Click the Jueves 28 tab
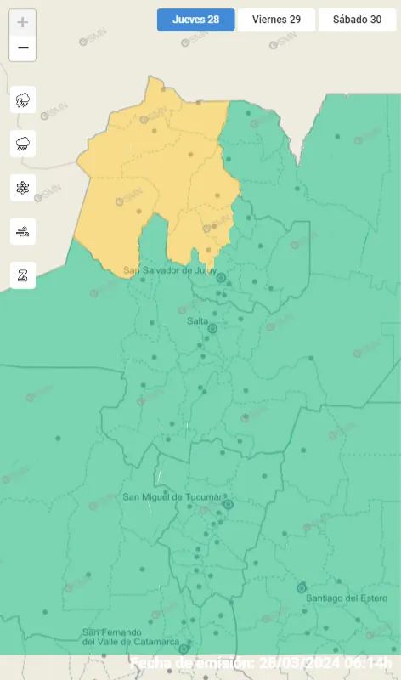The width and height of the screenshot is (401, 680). coord(195,20)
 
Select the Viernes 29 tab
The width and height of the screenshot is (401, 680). coord(276,20)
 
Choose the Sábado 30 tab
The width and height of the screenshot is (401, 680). coord(357,20)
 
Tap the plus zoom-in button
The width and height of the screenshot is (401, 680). coord(23,22)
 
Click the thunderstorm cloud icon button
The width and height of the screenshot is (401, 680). coord(23,100)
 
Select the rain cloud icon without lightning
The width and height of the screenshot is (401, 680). coord(23,144)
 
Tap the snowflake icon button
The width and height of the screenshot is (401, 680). coord(23,188)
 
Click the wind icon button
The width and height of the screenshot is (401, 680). coord(23,231)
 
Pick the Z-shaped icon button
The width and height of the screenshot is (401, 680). coord(23,275)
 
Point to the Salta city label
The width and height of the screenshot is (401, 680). coord(197,320)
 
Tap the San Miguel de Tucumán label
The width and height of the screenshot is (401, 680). coord(173,497)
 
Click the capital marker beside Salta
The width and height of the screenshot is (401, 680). coord(213,328)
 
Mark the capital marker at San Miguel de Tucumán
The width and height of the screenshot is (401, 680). coord(228,504)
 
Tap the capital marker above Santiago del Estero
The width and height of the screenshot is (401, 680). coord(301,587)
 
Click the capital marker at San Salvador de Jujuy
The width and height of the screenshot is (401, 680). coord(221,277)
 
